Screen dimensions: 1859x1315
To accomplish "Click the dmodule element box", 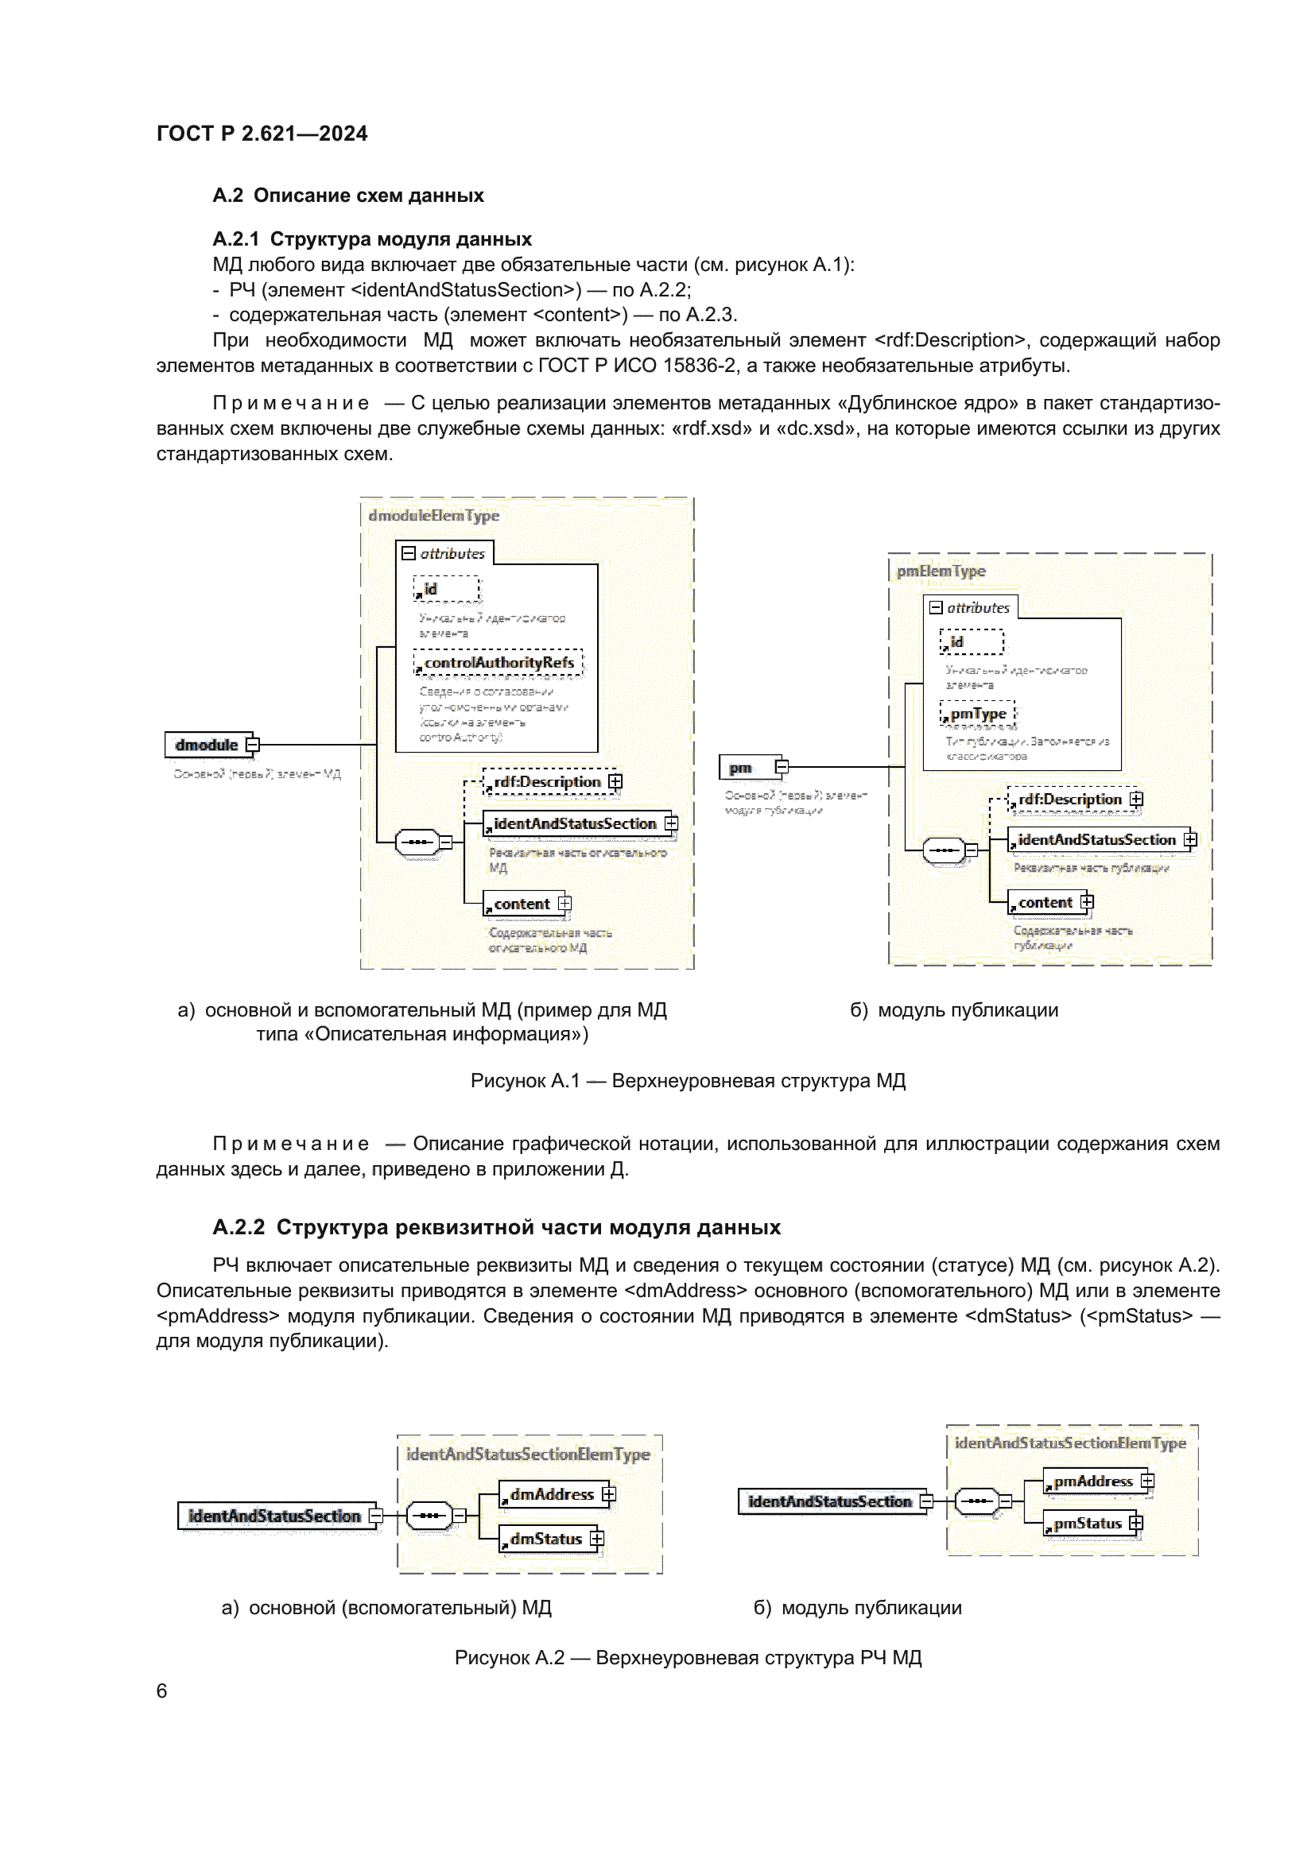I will tap(207, 745).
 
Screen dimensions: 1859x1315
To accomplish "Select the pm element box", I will tap(741, 768).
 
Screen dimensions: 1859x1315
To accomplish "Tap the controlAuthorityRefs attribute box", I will tap(498, 663).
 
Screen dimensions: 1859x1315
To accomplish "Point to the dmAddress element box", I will tap(552, 1495).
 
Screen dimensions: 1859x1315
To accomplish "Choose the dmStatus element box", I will tap(545, 1539).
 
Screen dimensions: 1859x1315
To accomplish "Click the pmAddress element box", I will tap(1092, 1481).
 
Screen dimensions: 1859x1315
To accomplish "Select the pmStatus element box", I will tap(1087, 1524).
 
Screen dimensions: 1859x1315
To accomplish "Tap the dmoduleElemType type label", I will tap(434, 516).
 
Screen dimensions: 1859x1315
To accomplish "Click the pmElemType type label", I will tap(941, 571).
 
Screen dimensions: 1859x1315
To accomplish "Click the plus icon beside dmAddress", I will tap(609, 1495).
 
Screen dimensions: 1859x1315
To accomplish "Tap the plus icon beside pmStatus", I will tap(1136, 1524).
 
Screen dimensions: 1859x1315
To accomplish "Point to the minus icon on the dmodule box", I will tap(253, 745).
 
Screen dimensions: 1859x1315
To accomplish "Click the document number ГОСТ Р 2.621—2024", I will tap(262, 134).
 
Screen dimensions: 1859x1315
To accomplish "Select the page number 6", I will tap(162, 1691).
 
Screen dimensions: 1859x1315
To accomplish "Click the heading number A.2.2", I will tap(238, 1228).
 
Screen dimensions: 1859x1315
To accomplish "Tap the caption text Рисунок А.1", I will tap(525, 1082).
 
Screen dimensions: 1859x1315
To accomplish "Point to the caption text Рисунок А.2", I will tap(510, 1658).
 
